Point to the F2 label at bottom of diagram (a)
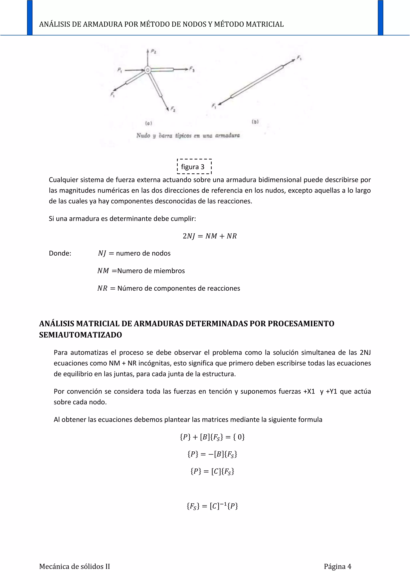(173, 109)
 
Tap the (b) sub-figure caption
(255, 122)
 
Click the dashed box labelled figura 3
(194, 167)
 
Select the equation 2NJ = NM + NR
(210, 236)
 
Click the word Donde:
(60, 253)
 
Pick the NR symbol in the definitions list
(102, 288)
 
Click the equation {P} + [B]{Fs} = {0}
(212, 437)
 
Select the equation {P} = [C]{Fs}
(212, 471)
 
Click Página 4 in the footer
(337, 566)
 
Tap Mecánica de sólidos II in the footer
(74, 566)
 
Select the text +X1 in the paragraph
(309, 391)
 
